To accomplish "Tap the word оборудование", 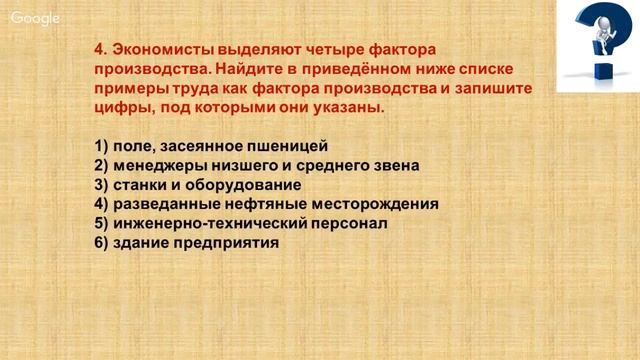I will (241, 184).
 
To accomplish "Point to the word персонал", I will (345, 223).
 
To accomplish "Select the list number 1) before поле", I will (100, 146).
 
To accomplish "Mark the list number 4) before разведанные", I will (100, 204).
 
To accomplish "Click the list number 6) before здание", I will (100, 242).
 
